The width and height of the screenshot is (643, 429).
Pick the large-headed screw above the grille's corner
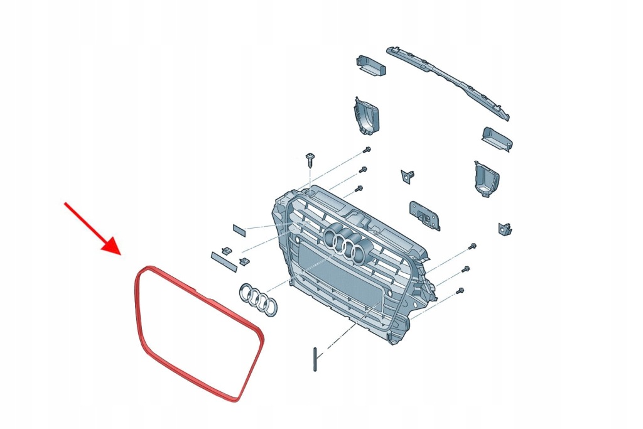coord(310,157)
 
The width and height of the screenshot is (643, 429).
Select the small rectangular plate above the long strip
coord(240,228)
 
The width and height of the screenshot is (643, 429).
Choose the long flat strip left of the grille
coord(224,259)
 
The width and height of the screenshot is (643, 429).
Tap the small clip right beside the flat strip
coord(245,260)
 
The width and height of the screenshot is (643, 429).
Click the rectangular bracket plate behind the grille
coord(424,215)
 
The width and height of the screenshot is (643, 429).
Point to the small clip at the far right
coord(504,229)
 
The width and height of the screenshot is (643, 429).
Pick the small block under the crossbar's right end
coord(496,139)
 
